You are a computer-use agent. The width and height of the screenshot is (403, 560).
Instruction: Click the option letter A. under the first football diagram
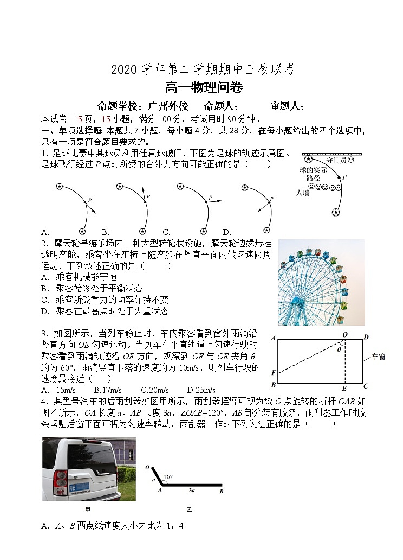pos(46,232)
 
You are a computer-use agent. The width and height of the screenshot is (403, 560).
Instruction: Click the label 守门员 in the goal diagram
pos(340,161)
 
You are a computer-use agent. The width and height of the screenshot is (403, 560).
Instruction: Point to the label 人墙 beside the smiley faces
pos(303,192)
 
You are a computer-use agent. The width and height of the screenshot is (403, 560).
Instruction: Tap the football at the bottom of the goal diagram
pos(336,212)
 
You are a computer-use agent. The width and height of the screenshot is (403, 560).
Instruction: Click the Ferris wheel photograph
pos(321,282)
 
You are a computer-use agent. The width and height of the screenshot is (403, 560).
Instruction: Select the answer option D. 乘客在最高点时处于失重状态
pos(105,311)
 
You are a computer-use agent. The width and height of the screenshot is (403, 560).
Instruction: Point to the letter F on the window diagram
pos(274,373)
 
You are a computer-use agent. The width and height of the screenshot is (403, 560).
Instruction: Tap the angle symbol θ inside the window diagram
pos(339,350)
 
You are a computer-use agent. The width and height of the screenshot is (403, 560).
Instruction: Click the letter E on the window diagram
pos(344,389)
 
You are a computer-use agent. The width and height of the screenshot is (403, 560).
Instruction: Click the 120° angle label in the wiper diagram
pos(168,478)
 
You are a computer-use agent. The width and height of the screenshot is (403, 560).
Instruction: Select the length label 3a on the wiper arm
pos(192,490)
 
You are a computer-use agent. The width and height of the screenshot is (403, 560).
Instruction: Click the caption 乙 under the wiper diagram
pos(189,510)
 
